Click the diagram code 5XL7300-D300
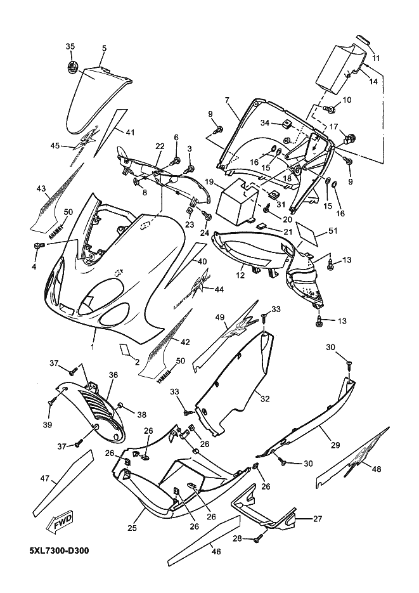pos(58,550)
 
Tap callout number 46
pos(216,552)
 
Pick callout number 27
pos(318,518)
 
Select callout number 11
pos(376,58)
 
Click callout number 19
pos(208,182)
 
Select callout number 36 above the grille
pos(113,375)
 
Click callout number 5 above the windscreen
pos(104,48)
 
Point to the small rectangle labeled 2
pos(124,348)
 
